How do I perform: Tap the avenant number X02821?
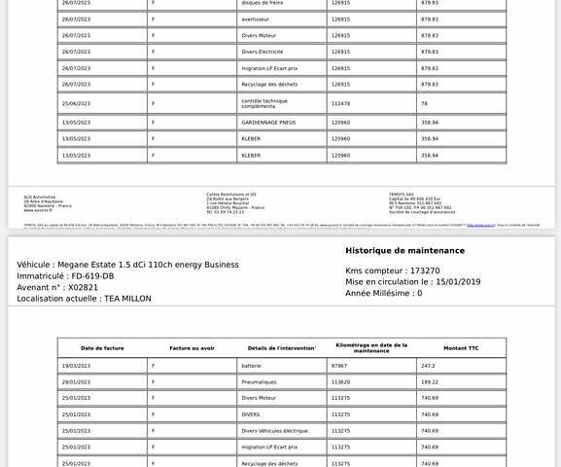click(81, 287)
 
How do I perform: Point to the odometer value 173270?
click(424, 270)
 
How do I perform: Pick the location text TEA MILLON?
click(128, 299)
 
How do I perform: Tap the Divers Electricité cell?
click(262, 52)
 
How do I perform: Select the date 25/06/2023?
click(76, 103)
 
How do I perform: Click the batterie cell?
click(252, 366)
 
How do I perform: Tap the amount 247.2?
click(427, 366)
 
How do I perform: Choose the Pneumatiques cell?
click(259, 382)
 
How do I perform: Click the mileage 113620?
click(340, 382)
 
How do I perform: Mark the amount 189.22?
click(429, 382)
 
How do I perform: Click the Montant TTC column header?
click(461, 347)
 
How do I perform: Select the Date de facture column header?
click(102, 347)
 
